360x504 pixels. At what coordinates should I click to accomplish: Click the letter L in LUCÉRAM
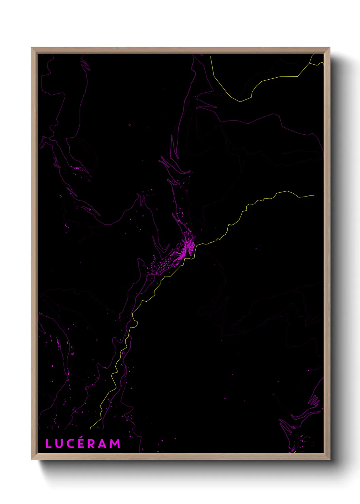48,444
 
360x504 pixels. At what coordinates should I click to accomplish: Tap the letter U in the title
58,444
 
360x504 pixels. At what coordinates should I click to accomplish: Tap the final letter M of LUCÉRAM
115,444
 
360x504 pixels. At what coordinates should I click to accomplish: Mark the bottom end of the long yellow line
90,429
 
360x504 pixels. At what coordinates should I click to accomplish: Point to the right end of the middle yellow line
314,195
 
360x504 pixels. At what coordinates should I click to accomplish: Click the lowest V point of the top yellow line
240,101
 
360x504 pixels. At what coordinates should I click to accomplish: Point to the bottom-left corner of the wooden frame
32,459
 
